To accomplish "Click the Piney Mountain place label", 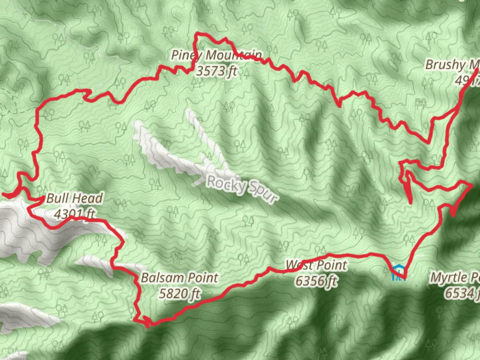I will (x=217, y=55).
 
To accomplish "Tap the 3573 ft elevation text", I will (x=217, y=71).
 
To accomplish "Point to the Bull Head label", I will (x=74, y=198).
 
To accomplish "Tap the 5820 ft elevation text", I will (x=180, y=294).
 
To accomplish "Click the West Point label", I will (x=317, y=265).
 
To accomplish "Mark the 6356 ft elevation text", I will (x=316, y=281).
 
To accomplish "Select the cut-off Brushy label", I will (x=452, y=65).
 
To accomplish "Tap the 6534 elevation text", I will (x=462, y=293).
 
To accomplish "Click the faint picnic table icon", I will (x=421, y=102).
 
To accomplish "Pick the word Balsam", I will (x=163, y=278).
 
